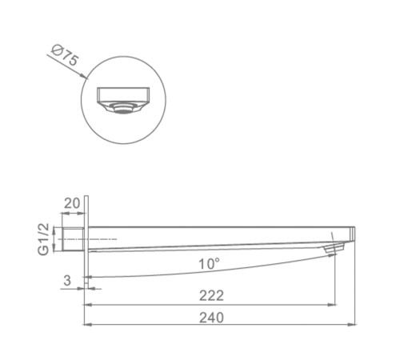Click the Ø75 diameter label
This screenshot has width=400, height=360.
[x=65, y=56]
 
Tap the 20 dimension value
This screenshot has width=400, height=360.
[x=72, y=203]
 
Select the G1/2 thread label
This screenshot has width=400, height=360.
[x=43, y=239]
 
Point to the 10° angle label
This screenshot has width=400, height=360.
[x=209, y=264]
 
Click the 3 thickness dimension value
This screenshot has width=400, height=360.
[x=67, y=280]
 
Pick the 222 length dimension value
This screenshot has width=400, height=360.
[x=211, y=296]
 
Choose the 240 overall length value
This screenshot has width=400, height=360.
[x=211, y=318]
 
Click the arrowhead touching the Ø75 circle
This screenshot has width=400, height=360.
[x=85, y=77]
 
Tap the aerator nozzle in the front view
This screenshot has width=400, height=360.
[x=122, y=108]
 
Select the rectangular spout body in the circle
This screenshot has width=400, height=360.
[x=123, y=95]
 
